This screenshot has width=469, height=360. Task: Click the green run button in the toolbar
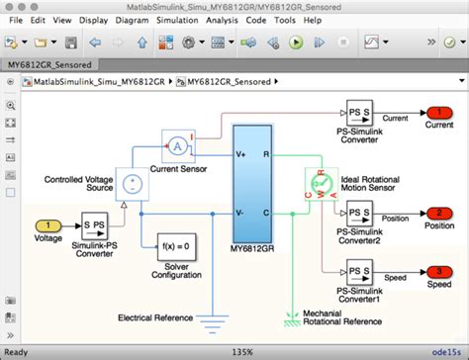tap(295, 43)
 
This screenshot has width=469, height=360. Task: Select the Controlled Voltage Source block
tap(130, 181)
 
